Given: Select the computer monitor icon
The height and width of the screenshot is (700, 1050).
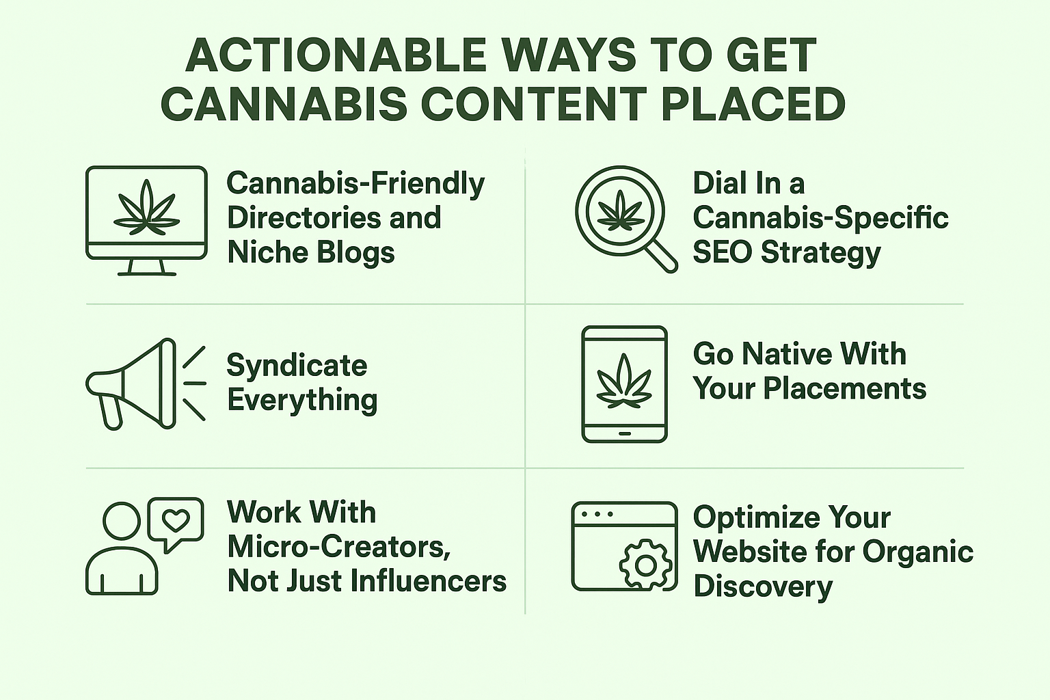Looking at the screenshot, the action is tap(147, 220).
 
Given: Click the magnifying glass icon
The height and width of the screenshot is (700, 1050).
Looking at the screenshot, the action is tap(626, 219).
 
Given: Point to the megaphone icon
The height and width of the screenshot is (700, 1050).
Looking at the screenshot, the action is tap(146, 383).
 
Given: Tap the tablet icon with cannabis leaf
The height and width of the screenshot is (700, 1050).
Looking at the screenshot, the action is tap(624, 384).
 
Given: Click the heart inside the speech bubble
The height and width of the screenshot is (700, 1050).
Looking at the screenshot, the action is tap(176, 520).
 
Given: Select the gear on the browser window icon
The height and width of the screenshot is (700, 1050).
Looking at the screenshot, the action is tap(646, 565).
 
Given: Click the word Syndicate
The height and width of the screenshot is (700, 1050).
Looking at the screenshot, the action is tap(297, 365).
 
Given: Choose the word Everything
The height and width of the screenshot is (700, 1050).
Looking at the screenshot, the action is tap(302, 401).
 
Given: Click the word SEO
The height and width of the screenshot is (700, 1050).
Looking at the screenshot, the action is tap(723, 252).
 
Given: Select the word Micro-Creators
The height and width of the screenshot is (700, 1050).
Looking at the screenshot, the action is tap(338, 547).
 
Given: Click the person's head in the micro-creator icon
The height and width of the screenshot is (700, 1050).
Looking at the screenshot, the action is tap(122, 521).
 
